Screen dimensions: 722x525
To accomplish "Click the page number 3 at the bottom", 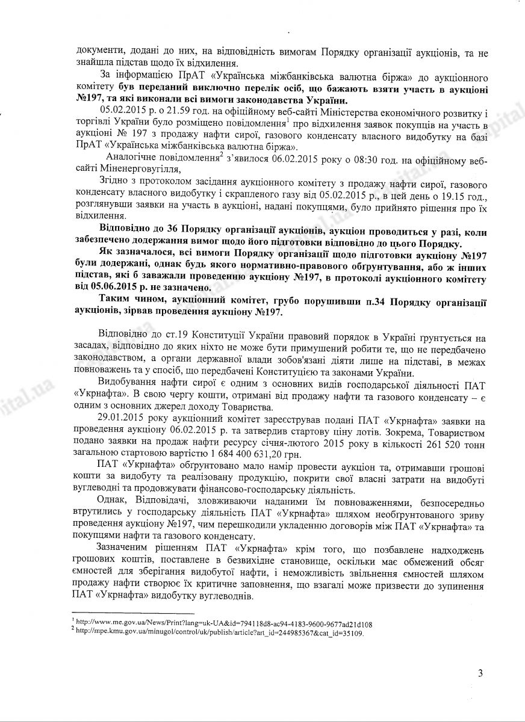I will pos(480,673).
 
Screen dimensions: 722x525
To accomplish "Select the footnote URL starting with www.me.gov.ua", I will pos(223,624).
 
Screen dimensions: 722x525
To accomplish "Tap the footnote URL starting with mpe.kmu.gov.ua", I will pos(220,633).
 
